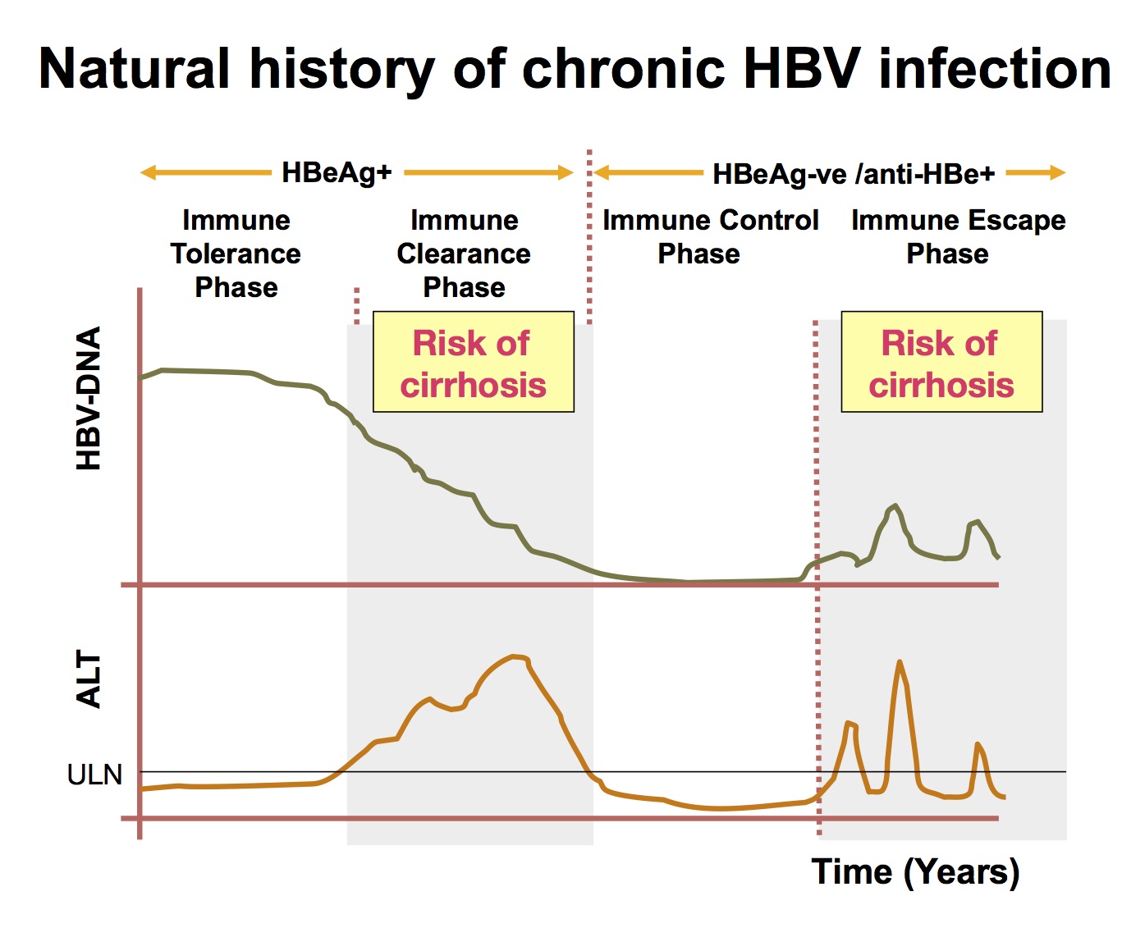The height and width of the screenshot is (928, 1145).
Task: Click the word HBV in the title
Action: (x=804, y=69)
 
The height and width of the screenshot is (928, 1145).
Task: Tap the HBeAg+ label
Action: (x=337, y=173)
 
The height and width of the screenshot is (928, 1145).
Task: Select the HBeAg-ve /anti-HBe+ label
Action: (x=854, y=174)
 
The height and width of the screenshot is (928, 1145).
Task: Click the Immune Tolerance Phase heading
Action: (x=236, y=254)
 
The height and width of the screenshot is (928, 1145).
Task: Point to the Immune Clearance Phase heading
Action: (x=464, y=254)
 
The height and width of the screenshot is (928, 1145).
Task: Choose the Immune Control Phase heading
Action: (x=710, y=236)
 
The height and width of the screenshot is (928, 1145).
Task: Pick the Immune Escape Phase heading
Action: (x=959, y=236)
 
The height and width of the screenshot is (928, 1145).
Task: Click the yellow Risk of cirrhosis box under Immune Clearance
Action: (x=474, y=362)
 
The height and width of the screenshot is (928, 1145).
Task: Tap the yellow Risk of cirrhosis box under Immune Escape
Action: (x=941, y=362)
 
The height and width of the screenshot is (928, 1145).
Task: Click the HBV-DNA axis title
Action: (x=89, y=398)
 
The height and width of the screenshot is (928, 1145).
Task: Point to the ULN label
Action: (x=94, y=775)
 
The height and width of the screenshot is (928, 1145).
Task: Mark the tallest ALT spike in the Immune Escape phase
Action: (x=900, y=662)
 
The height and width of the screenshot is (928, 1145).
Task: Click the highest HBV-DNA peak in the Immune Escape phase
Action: (x=895, y=505)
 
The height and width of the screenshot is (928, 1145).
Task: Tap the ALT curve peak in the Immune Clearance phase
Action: (x=515, y=656)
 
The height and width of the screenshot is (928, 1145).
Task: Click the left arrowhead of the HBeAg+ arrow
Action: (x=147, y=173)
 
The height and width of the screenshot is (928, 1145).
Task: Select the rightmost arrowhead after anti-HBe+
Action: (x=1058, y=173)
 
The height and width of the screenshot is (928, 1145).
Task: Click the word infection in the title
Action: (x=995, y=69)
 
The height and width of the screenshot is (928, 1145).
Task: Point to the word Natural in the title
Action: (x=135, y=69)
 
